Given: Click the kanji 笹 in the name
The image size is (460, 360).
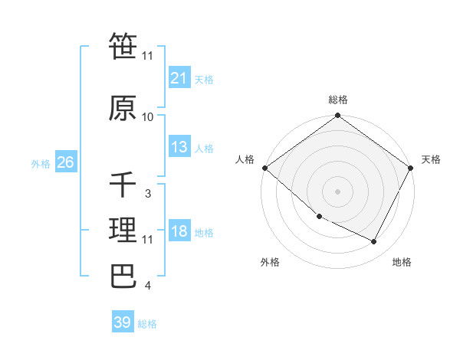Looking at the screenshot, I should [x=123, y=47].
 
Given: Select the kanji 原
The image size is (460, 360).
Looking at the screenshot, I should [x=123, y=109].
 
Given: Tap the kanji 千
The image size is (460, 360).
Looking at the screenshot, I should [x=123, y=185].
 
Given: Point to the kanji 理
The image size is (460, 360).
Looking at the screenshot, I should [x=123, y=231].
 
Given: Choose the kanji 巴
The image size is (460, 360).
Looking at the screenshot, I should [x=123, y=277].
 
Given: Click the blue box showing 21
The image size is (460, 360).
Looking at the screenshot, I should [x=179, y=78].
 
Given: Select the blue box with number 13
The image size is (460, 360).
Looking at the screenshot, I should [x=179, y=148].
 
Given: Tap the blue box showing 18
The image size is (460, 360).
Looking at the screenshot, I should [x=179, y=232].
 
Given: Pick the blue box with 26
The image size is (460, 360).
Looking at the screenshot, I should [x=65, y=163].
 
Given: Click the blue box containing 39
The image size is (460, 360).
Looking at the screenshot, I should [x=122, y=322].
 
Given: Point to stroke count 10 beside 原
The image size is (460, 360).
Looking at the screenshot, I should [x=148, y=117].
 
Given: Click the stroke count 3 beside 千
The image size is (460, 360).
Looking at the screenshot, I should [x=147, y=194].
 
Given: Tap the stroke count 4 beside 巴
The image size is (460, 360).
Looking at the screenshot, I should [x=147, y=286].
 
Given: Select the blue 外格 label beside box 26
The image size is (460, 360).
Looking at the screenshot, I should [x=41, y=164].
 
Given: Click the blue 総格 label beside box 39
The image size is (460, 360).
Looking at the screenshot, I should [x=147, y=323].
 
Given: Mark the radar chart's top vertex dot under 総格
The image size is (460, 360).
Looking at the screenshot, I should [x=337, y=116].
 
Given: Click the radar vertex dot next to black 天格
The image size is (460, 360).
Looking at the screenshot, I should [x=411, y=168].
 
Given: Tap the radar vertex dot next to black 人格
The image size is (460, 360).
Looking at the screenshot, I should [x=264, y=168].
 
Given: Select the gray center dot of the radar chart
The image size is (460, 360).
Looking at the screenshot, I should [x=337, y=191].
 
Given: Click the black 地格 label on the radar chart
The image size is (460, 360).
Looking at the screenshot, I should [x=402, y=262].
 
